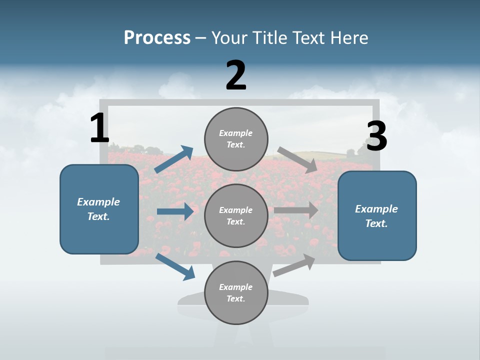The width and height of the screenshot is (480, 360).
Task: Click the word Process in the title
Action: [157, 37]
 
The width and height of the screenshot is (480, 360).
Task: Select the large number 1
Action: [99, 128]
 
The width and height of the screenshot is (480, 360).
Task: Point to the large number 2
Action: [236, 75]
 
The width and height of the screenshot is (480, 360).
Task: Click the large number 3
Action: [376, 136]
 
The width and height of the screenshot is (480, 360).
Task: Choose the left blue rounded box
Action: [99, 209]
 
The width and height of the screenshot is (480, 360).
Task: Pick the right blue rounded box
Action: [377, 215]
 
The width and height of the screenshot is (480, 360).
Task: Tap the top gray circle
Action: [236, 139]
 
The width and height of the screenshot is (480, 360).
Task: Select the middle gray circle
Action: [236, 215]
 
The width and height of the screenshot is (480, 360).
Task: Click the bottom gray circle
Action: [236, 292]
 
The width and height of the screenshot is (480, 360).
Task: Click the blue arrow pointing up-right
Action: [174, 159]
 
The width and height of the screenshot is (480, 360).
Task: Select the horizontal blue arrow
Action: [175, 211]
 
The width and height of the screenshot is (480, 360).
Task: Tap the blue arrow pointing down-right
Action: [175, 266]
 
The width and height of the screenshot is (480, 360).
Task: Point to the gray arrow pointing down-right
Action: [297, 159]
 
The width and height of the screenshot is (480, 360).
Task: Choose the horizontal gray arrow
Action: [296, 210]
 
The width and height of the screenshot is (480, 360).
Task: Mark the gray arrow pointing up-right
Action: [294, 265]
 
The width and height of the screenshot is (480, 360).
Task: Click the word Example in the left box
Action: [98, 202]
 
